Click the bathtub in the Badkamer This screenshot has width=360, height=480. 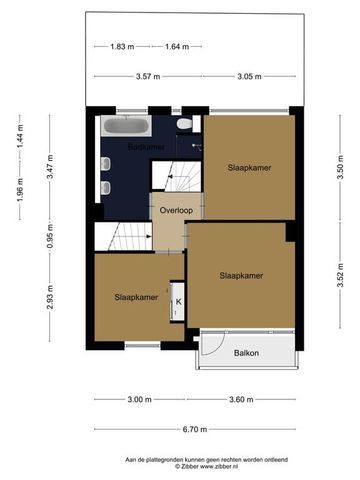pos(124,127)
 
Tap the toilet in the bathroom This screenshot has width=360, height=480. pos(183,124)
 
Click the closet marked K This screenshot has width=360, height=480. pos(178,301)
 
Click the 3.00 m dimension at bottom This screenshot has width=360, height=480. pos(139,399)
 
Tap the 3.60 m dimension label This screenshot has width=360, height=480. pos(246,399)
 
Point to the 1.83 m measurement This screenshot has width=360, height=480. pos(122,46)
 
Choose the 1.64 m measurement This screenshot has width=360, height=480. pos(178,46)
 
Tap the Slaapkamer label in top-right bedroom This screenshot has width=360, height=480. pos(247,168)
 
